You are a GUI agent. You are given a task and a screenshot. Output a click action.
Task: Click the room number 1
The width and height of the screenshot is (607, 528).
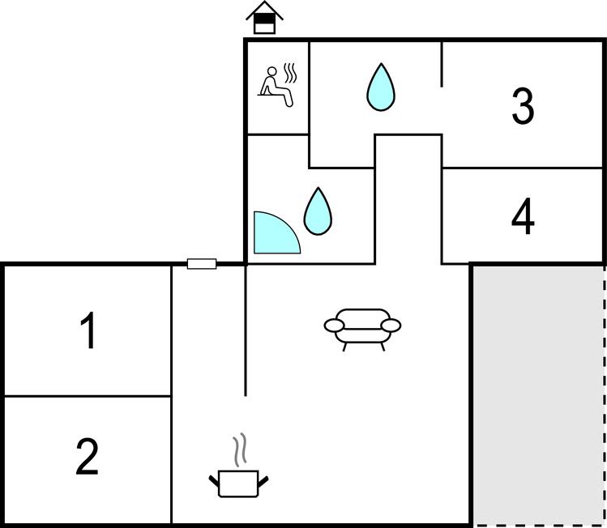[x=88, y=330]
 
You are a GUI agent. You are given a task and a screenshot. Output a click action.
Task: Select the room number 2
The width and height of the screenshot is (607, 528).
[x=87, y=456]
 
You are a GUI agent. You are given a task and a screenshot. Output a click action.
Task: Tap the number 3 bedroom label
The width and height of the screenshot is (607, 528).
[x=523, y=105]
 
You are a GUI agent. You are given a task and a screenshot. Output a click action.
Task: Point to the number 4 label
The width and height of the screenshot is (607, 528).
[x=523, y=216]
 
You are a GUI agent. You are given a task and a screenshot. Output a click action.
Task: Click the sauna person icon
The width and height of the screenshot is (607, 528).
[x=276, y=87]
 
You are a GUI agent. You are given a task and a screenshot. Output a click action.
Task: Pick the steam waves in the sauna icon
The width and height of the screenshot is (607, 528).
[x=290, y=73]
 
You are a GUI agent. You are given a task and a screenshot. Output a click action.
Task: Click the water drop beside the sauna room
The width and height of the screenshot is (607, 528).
[x=381, y=87]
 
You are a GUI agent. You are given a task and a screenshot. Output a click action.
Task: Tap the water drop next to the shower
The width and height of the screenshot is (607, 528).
[x=318, y=211]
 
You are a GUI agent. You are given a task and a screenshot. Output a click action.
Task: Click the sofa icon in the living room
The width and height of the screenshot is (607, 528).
[x=362, y=330]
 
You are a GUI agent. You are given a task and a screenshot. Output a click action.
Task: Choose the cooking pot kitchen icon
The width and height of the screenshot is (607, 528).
[x=238, y=483]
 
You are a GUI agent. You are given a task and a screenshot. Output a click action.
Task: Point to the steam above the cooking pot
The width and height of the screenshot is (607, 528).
[x=240, y=449]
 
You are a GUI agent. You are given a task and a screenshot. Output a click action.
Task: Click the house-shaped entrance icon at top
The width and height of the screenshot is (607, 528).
[x=265, y=17]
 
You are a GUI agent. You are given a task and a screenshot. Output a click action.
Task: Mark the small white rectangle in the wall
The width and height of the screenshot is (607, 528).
[x=202, y=264]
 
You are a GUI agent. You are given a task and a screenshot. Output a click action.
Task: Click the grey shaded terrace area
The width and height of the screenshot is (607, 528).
[x=538, y=394]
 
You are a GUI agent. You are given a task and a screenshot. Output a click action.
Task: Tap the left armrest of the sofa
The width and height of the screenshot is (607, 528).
[x=334, y=326]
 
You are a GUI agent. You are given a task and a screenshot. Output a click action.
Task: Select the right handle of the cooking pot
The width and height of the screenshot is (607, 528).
[x=263, y=481]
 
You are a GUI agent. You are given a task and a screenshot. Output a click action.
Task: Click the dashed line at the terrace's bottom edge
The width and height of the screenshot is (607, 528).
[x=539, y=526]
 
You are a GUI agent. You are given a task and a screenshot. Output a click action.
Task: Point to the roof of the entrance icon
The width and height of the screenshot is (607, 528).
[x=265, y=10]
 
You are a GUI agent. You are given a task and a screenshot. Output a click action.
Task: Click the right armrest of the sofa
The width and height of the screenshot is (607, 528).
[x=391, y=326]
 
